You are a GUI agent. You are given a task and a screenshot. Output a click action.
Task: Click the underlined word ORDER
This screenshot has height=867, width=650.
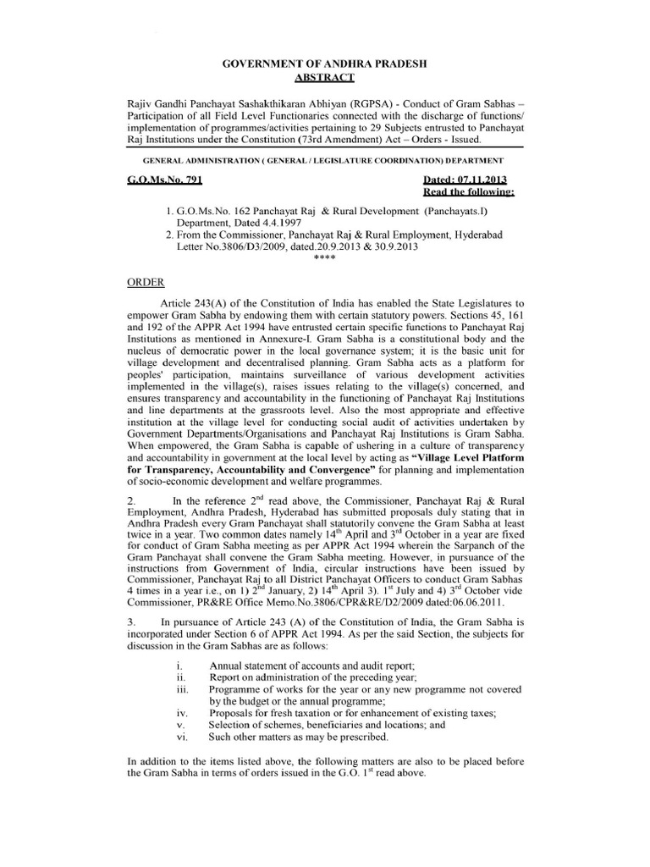pyautogui.click(x=143, y=282)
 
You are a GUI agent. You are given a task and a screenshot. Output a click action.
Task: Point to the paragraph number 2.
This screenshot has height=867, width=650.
pyautogui.click(x=129, y=500)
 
